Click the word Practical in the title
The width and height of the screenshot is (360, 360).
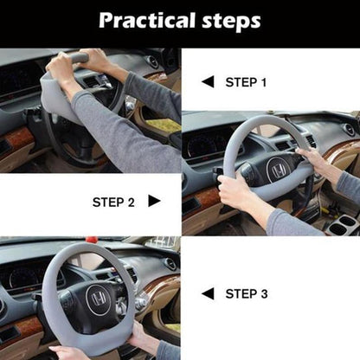[144, 20]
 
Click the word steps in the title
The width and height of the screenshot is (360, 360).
[228, 20]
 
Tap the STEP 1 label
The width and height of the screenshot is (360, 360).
[247, 82]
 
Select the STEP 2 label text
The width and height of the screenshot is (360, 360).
[113, 202]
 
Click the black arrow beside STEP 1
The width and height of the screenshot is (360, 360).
[207, 82]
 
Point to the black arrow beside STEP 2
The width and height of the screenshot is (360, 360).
[154, 202]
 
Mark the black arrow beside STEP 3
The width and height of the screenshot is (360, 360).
[207, 294]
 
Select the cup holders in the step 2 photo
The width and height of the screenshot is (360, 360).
[344, 226]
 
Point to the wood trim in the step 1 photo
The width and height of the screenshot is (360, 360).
[17, 137]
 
